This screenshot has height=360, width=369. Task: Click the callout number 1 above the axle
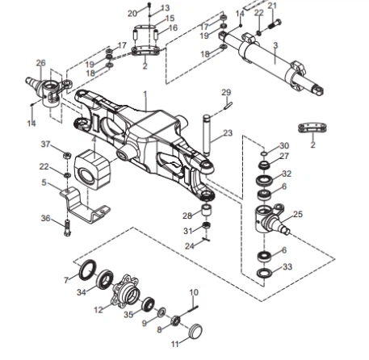[x=145, y=94]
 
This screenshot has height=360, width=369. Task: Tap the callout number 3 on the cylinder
[x=275, y=45]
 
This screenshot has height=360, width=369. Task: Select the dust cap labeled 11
[x=195, y=331]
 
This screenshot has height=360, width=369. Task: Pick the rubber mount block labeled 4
[x=92, y=170]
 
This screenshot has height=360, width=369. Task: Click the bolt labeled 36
[x=67, y=228]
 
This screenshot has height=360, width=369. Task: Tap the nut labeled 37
[x=67, y=155]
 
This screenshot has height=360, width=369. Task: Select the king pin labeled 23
[x=207, y=135]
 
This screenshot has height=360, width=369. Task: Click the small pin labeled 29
[x=228, y=106]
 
